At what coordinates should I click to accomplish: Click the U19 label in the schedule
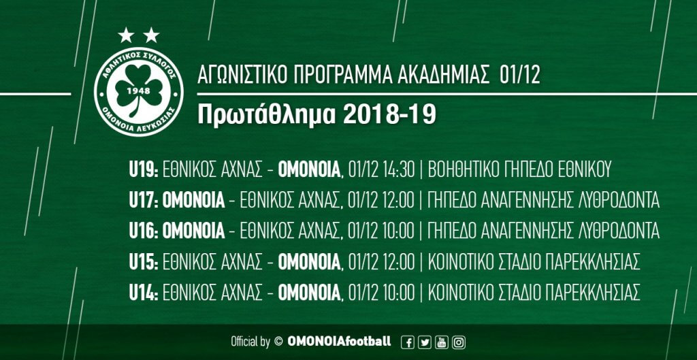coord(144,170)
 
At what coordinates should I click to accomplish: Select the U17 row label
coord(144,201)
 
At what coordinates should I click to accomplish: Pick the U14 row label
coord(144,292)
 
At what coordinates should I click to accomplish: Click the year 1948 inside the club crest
coord(138,91)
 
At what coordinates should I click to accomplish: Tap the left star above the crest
coord(126,35)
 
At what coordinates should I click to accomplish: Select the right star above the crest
coord(151,35)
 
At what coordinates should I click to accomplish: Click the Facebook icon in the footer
coord(408,342)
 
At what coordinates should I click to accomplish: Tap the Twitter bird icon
coord(425,342)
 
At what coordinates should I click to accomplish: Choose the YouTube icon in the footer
coord(442,342)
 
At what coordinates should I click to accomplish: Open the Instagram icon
coord(459,342)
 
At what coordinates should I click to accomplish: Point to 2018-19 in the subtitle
coord(389,114)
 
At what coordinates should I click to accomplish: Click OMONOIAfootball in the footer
coord(340,342)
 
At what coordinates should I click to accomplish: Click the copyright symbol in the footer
coord(278,342)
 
